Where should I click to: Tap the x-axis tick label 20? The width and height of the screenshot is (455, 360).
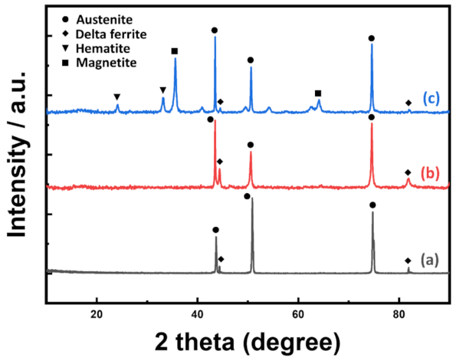point(96,314)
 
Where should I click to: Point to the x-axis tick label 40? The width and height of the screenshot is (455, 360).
point(197,314)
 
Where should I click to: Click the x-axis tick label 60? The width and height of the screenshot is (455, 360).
point(298,314)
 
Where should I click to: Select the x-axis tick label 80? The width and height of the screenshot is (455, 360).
point(399,314)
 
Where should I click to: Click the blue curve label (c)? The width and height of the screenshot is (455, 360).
point(431,98)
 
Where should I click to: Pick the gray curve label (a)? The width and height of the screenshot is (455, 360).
point(431,260)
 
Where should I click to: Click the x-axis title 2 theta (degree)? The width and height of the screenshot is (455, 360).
point(247,342)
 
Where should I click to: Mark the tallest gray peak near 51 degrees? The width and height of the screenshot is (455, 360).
point(252,200)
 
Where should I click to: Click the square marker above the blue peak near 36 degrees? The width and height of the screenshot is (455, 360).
point(174,51)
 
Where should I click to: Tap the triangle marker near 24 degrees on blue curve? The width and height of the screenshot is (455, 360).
point(117,97)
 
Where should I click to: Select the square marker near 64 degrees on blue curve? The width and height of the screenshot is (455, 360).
point(318,93)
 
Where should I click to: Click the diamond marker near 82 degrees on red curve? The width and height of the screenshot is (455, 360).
point(408,173)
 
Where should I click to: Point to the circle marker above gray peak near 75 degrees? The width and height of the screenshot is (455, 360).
point(373,205)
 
